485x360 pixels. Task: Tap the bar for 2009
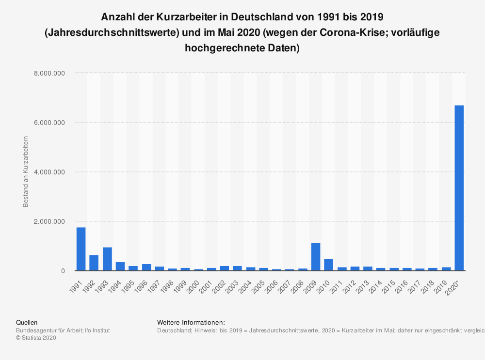pyautogui.click(x=316, y=257)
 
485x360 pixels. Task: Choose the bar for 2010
pyautogui.click(x=329, y=265)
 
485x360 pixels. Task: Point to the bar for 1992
pyautogui.click(x=94, y=263)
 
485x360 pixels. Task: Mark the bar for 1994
pyautogui.click(x=120, y=266)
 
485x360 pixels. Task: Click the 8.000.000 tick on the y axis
pyautogui.click(x=49, y=73)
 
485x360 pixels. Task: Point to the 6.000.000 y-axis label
pyautogui.click(x=49, y=123)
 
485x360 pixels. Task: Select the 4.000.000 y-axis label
pyautogui.click(x=49, y=172)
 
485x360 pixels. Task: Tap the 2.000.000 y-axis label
pyautogui.click(x=49, y=221)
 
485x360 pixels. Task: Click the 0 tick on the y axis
pyautogui.click(x=63, y=271)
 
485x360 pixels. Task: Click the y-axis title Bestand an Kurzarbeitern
pyautogui.click(x=26, y=172)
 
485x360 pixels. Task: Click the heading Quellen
pyautogui.click(x=27, y=322)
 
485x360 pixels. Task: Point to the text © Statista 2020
pyautogui.click(x=36, y=338)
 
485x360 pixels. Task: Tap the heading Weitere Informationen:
pyautogui.click(x=191, y=322)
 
